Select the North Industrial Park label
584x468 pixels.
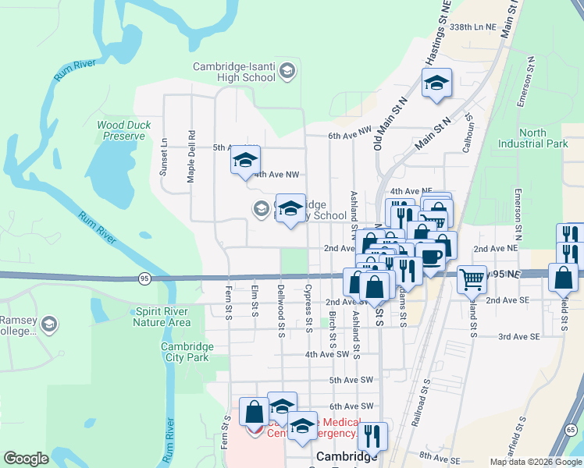click(533, 138)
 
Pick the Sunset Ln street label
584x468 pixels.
click(164, 158)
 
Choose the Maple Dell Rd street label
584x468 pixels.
click(191, 156)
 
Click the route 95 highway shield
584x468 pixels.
click(144, 277)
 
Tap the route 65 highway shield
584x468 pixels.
click(572, 430)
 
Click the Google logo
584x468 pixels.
click(26, 459)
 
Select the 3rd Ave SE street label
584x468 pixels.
click(519, 336)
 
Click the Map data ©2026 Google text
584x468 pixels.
click(536, 462)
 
